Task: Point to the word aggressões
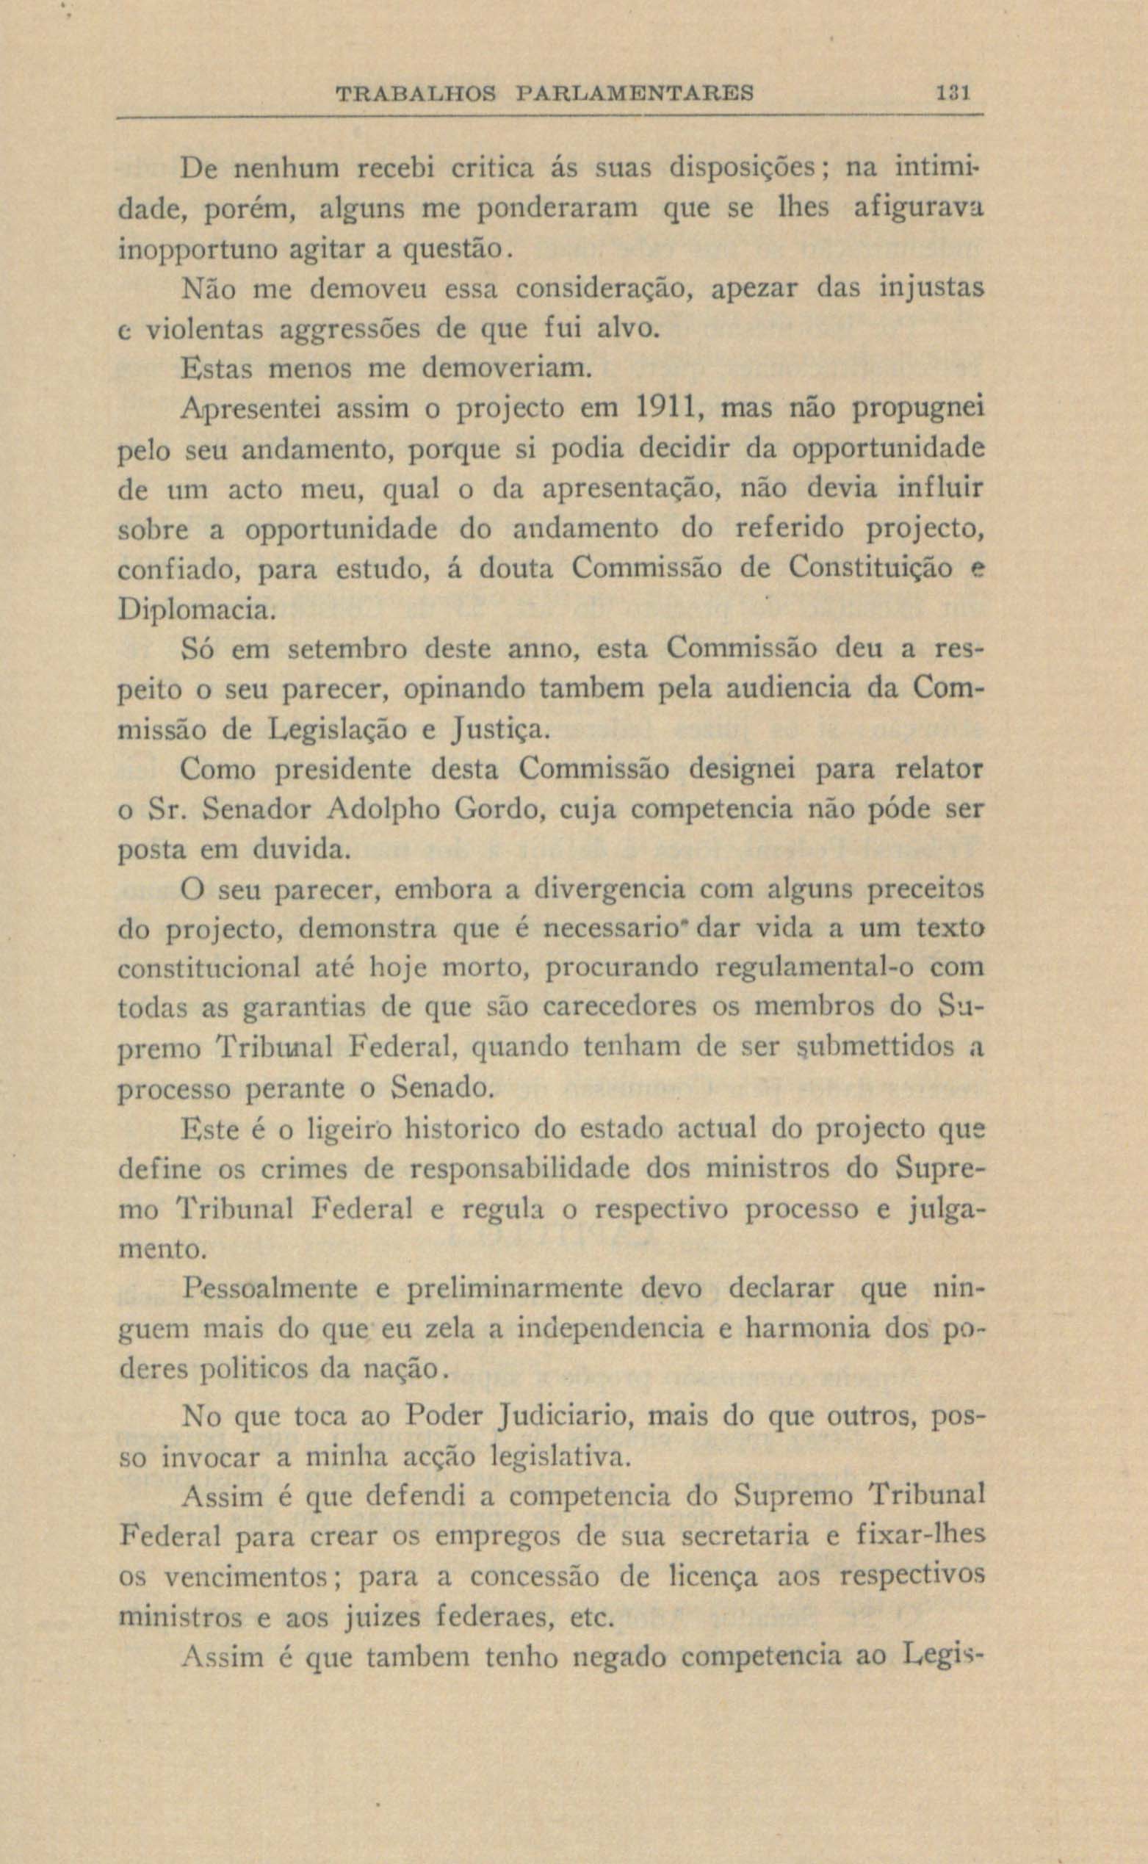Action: [347, 330]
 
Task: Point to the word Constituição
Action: [870, 568]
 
